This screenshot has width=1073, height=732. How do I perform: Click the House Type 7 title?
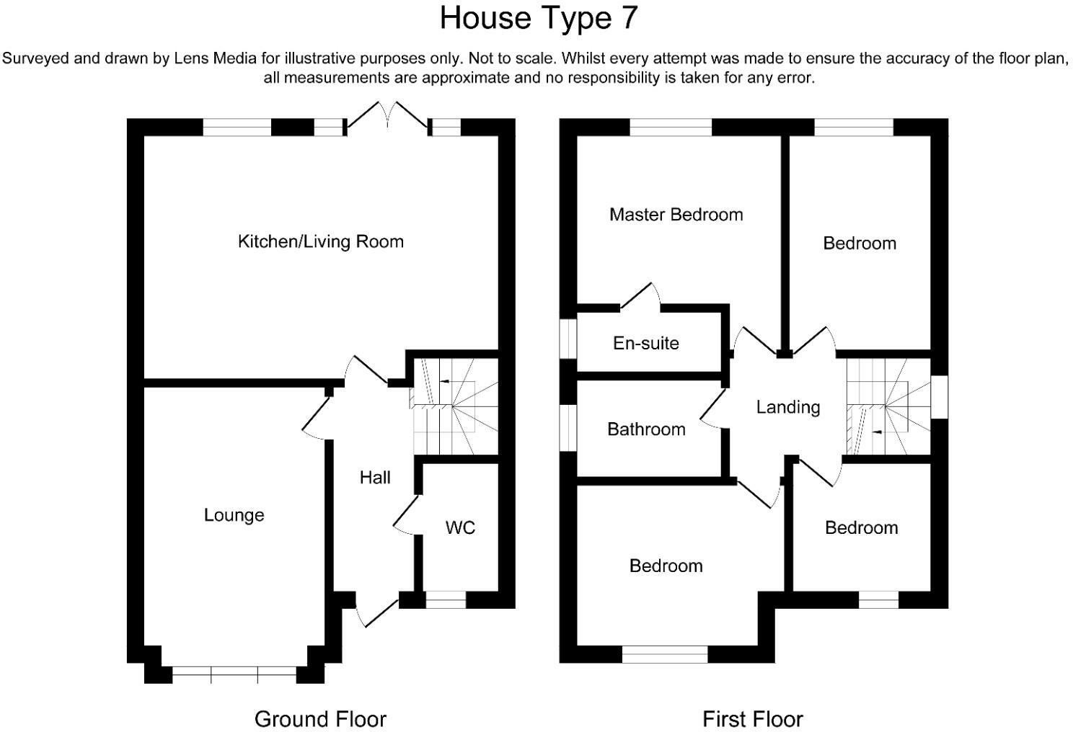[539, 18]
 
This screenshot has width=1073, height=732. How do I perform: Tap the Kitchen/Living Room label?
[320, 241]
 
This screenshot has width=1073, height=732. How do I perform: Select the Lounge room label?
[234, 515]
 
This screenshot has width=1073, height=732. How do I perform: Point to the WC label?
[460, 528]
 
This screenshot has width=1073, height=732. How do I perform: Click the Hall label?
[375, 478]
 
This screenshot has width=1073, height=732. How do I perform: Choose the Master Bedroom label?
[676, 215]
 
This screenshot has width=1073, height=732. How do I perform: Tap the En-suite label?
[645, 343]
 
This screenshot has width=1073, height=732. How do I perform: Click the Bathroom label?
[646, 429]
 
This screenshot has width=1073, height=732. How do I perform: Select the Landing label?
[788, 408]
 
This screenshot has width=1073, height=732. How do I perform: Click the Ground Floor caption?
[320, 719]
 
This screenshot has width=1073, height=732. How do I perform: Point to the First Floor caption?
[752, 719]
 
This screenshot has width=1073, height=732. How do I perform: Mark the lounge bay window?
[234, 675]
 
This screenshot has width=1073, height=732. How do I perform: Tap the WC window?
[446, 599]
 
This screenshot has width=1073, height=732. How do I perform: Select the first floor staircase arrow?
[876, 432]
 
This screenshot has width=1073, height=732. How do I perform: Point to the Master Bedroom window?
[671, 128]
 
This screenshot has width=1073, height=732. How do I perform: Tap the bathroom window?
[569, 428]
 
